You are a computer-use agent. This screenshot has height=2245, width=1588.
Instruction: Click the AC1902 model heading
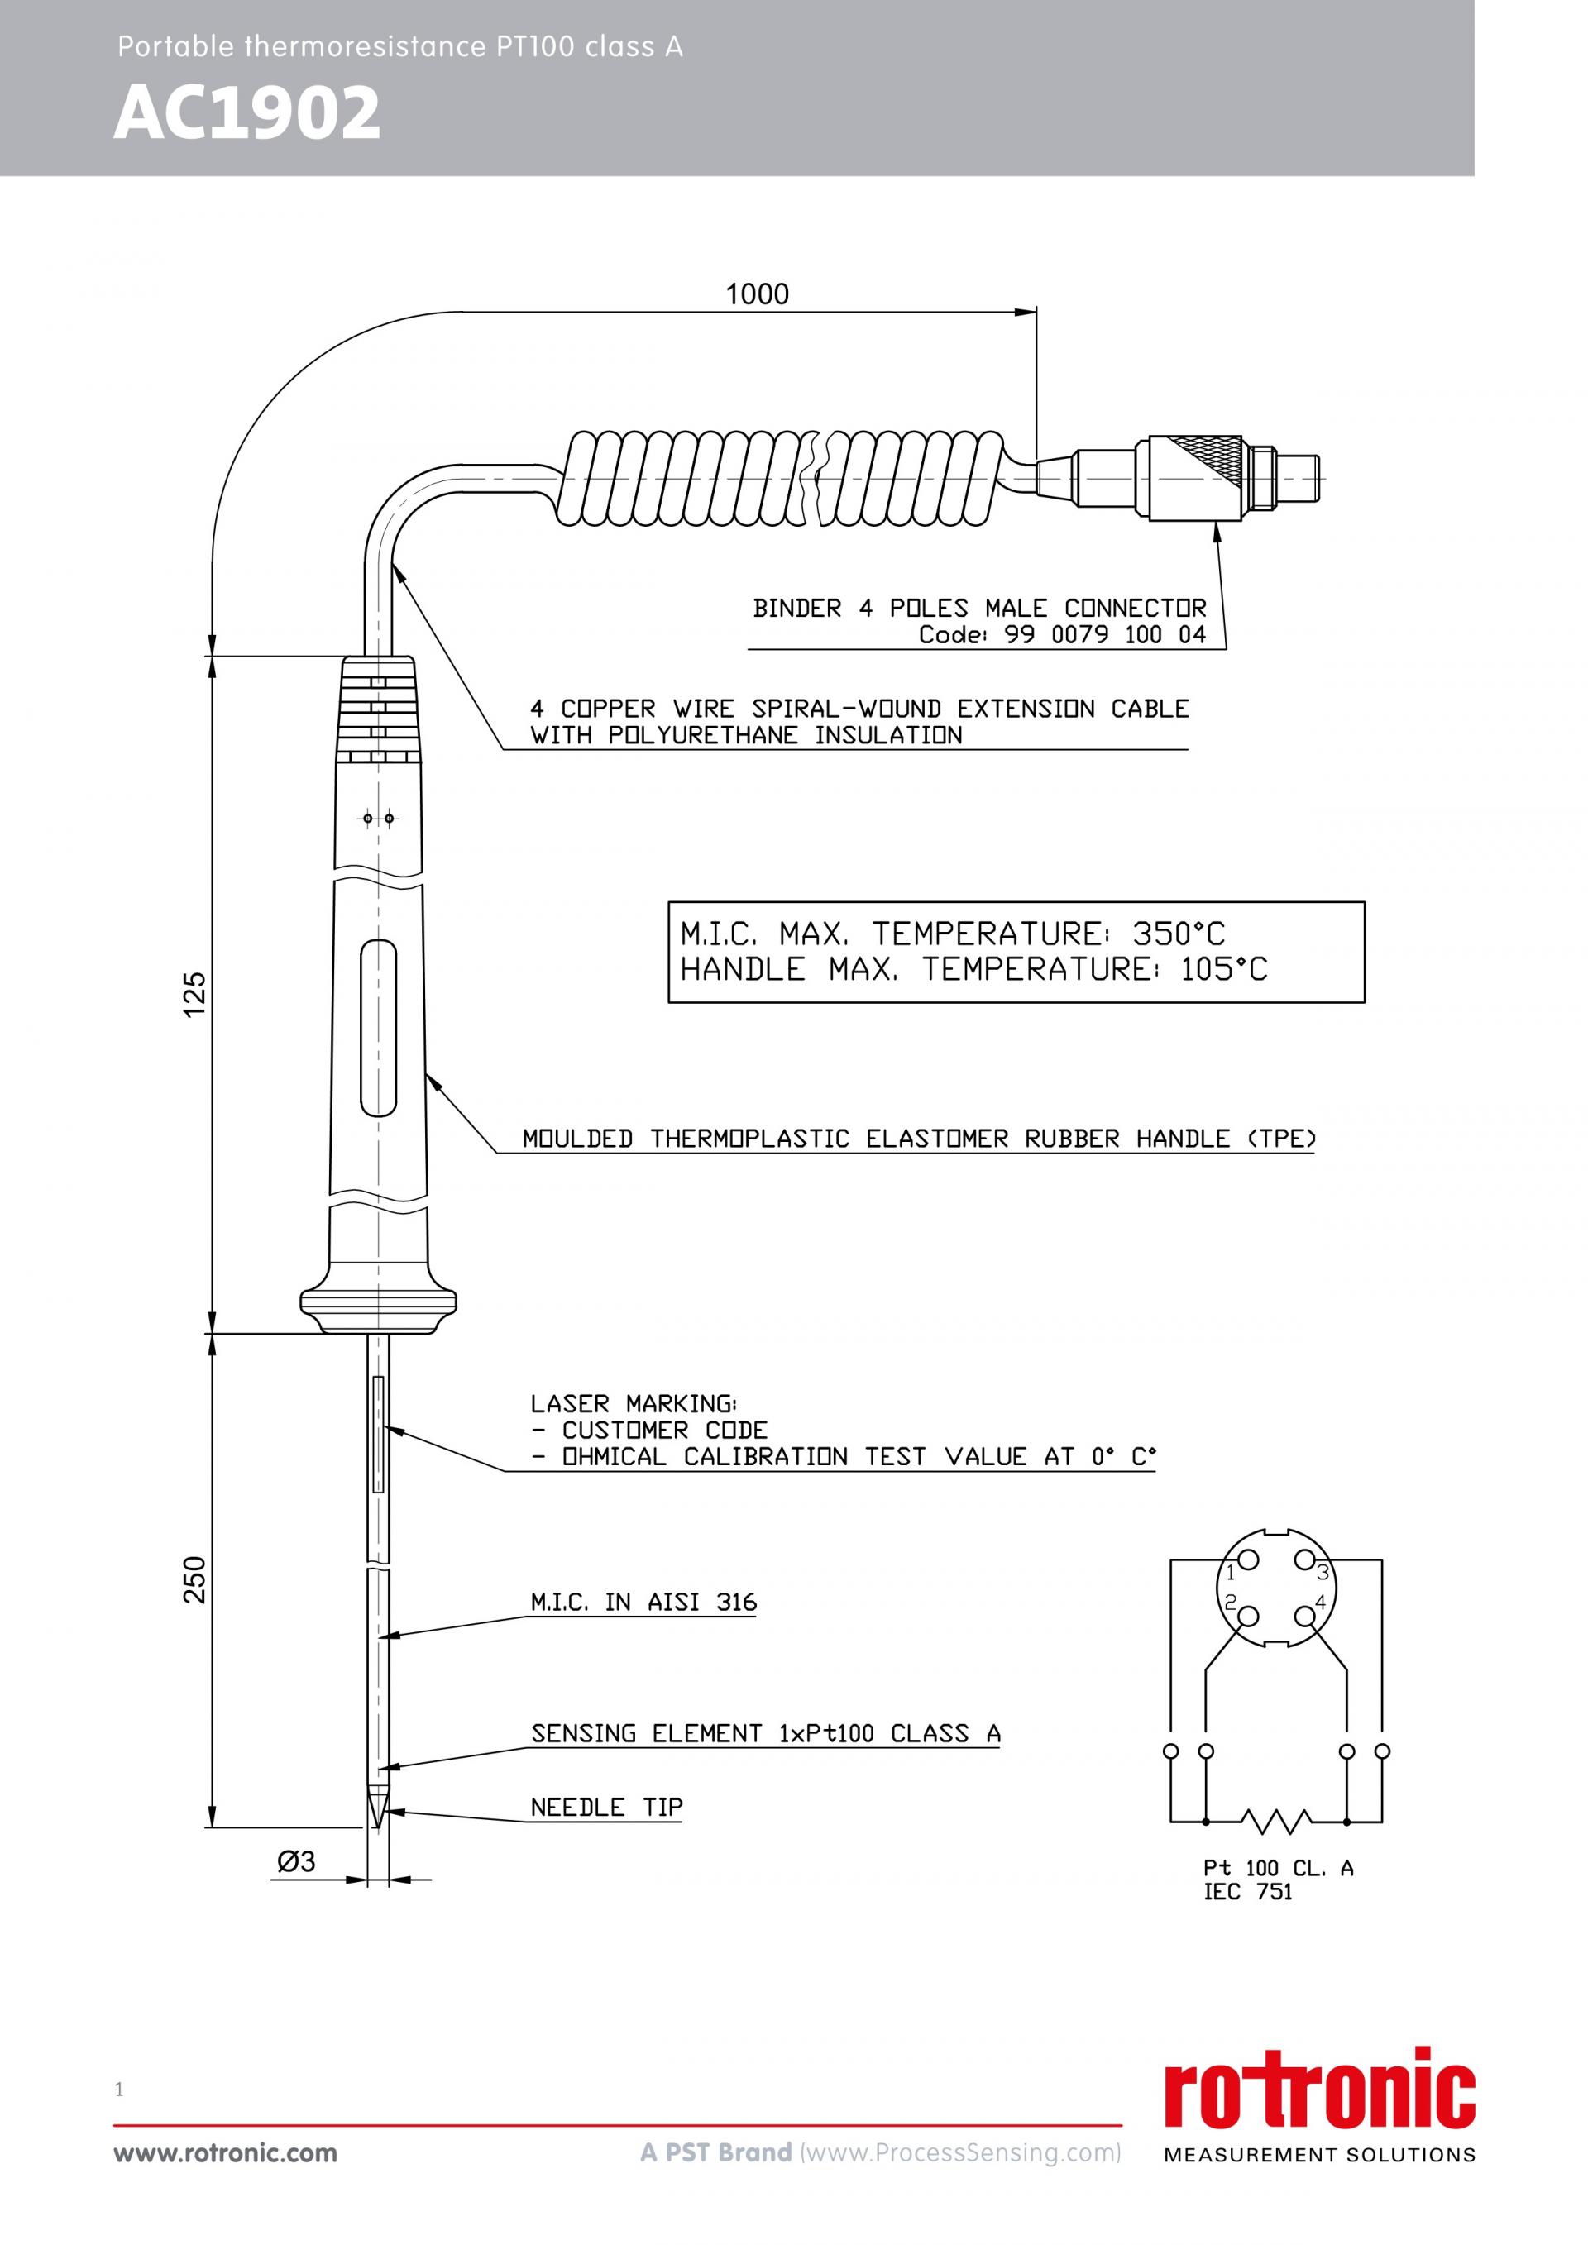pyautogui.click(x=246, y=113)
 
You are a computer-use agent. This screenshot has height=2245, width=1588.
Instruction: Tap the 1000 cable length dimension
pyautogui.click(x=757, y=294)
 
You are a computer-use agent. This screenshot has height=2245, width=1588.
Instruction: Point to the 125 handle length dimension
pyautogui.click(x=195, y=995)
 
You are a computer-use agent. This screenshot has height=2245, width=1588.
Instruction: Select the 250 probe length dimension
pyautogui.click(x=195, y=1579)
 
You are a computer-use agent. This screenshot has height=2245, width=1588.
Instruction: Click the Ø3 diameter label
pyautogui.click(x=296, y=1860)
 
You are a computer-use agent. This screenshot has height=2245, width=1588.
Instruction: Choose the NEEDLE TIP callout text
pyautogui.click(x=606, y=1808)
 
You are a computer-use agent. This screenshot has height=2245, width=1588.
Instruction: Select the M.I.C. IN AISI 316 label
pyautogui.click(x=643, y=1603)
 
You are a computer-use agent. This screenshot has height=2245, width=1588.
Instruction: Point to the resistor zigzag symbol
pyautogui.click(x=1276, y=1821)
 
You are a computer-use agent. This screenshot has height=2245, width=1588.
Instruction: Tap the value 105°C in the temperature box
pyautogui.click(x=1223, y=970)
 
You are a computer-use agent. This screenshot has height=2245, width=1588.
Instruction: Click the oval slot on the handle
pyautogui.click(x=379, y=1028)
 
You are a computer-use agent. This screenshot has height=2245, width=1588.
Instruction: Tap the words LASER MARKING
pyautogui.click(x=634, y=1403)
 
